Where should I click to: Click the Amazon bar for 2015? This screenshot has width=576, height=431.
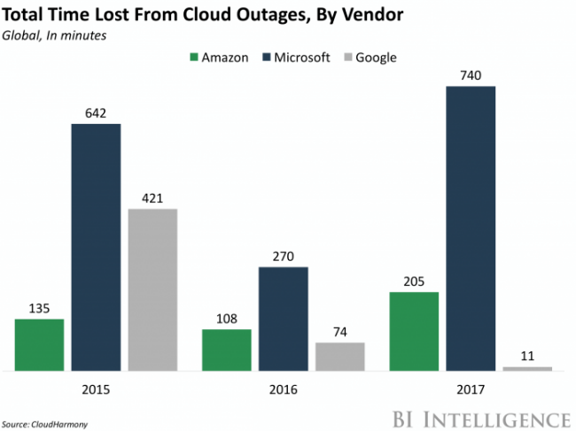click(x=39, y=344)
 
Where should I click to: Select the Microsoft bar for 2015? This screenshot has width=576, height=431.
click(x=96, y=247)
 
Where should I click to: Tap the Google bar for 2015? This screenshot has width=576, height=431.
click(x=152, y=289)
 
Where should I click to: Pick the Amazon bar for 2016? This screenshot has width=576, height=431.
click(x=226, y=350)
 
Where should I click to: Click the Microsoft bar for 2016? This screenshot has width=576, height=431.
click(x=284, y=318)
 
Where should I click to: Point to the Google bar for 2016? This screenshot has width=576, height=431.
click(x=340, y=356)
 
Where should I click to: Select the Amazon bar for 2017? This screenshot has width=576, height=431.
click(x=414, y=330)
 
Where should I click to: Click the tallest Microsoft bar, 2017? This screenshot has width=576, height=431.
click(x=471, y=228)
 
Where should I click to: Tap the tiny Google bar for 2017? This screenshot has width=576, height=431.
click(x=527, y=368)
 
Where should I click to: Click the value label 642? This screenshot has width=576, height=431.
click(x=96, y=112)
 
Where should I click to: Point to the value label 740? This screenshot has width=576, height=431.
click(x=471, y=75)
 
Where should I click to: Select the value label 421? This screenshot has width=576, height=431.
click(x=152, y=197)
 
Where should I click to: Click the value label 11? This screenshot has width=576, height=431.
click(x=527, y=355)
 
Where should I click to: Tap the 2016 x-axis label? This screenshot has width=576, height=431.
click(x=284, y=389)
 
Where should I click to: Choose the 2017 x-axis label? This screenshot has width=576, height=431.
click(x=471, y=389)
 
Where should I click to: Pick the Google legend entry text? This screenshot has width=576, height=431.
click(x=378, y=58)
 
